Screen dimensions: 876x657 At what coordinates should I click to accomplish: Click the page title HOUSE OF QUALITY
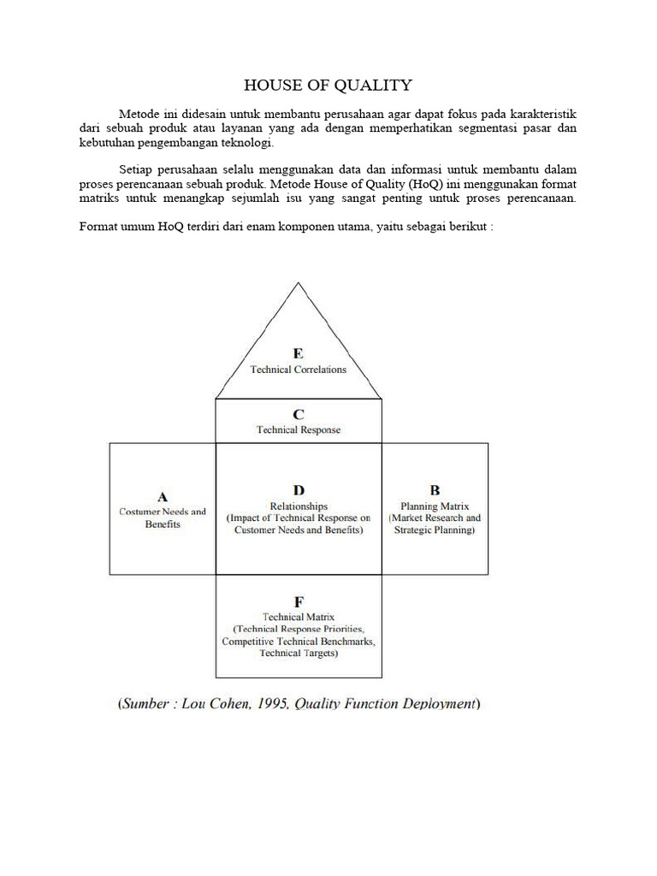pyautogui.click(x=328, y=85)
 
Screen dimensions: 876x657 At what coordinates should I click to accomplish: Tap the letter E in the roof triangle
pyautogui.click(x=298, y=353)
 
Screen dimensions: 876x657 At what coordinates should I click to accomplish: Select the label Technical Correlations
pyautogui.click(x=298, y=370)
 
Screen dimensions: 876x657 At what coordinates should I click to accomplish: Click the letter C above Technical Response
pyautogui.click(x=299, y=414)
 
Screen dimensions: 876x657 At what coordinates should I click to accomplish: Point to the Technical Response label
pyautogui.click(x=299, y=429)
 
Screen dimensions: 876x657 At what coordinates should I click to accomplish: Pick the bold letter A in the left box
pyautogui.click(x=163, y=495)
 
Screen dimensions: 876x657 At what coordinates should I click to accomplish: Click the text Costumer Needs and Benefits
pyautogui.click(x=163, y=518)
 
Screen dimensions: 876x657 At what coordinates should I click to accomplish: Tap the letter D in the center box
pyautogui.click(x=299, y=490)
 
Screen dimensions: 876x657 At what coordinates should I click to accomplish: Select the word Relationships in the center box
pyautogui.click(x=299, y=506)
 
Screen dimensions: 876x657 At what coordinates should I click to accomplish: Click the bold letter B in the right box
pyautogui.click(x=435, y=490)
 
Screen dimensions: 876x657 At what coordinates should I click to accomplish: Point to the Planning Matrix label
pyautogui.click(x=435, y=506)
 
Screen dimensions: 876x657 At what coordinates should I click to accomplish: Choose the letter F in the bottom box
pyautogui.click(x=299, y=601)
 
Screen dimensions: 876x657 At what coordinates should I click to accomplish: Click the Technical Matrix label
pyautogui.click(x=299, y=616)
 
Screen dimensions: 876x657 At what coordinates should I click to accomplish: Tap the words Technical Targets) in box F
pyautogui.click(x=299, y=654)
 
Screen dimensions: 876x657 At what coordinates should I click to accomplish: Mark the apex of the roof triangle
pyautogui.click(x=298, y=283)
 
